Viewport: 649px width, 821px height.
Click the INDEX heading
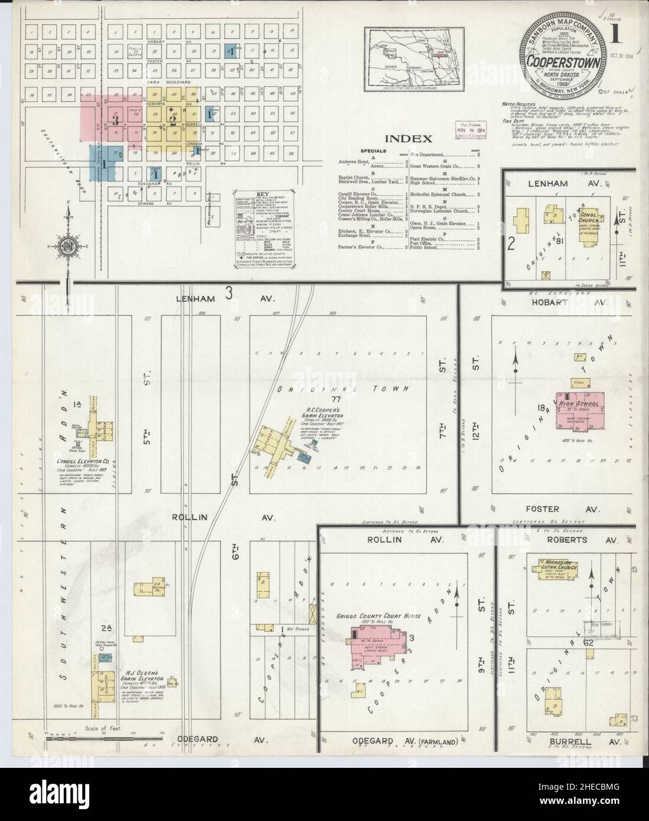point(408,139)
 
